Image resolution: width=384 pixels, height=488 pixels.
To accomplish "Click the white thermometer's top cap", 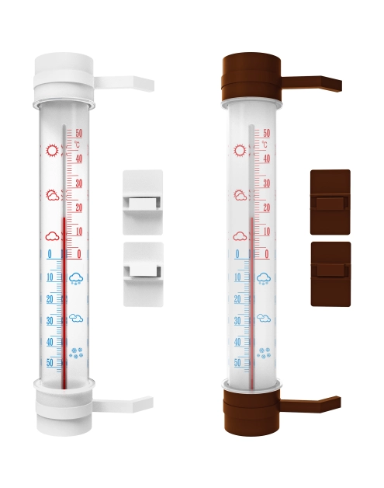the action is coord(64,77).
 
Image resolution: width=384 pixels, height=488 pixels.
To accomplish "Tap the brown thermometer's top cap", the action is coord(251,77).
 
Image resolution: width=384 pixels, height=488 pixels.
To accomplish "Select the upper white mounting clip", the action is coord(143,202).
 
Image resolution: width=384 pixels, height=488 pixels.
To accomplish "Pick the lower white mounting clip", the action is coord(144,274).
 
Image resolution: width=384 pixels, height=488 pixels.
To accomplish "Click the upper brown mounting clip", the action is coord(330,202).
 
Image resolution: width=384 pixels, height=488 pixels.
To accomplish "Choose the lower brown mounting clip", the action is coord(330,274).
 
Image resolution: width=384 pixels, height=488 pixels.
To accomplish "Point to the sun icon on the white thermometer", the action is coord(52,151).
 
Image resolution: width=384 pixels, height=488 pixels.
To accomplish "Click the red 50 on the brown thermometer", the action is coord(267,133).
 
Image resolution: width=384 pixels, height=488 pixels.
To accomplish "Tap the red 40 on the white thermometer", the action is coord(78,159).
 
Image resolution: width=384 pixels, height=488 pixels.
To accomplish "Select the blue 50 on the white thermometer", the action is coord(50,363).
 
